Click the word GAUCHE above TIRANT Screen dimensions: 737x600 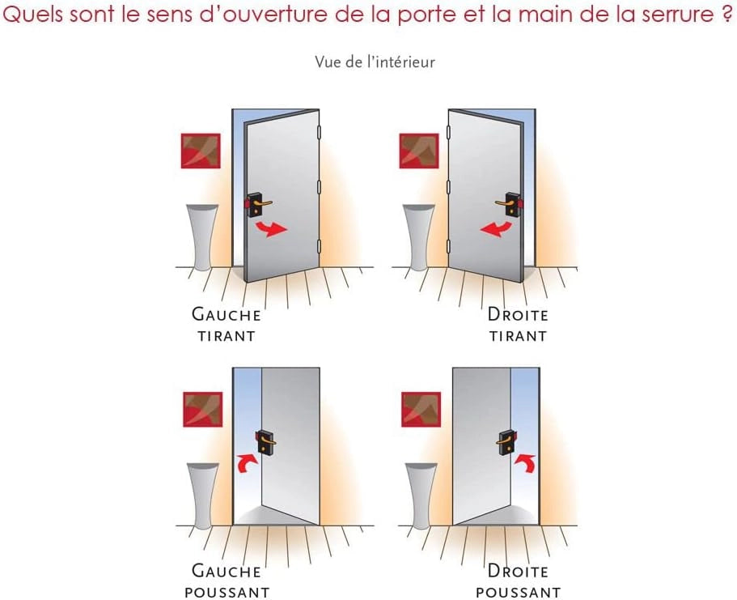tap(226, 314)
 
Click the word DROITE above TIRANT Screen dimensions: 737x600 tap(518, 314)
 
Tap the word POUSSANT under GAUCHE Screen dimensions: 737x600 tap(227, 593)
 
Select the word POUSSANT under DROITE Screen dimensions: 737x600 tap(519, 593)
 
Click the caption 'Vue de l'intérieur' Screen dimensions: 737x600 tap(375, 62)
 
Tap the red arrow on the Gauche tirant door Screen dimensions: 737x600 tap(271, 229)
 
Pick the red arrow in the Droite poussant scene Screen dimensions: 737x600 tap(526, 462)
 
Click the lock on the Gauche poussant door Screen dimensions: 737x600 tap(265, 442)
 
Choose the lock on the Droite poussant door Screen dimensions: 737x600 tap(506, 442)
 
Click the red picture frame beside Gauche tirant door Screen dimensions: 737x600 tap(201, 151)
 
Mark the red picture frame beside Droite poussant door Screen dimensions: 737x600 tap(421, 410)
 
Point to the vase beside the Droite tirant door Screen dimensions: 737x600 tap(419, 237)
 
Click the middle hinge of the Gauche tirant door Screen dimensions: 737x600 tap(319, 187)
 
